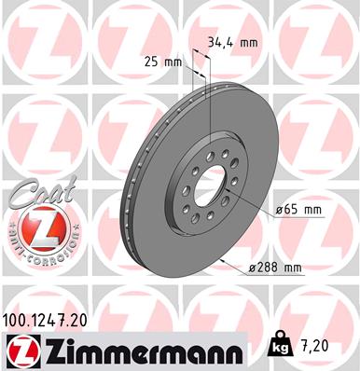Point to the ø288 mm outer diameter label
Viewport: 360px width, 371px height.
(x=276, y=268)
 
